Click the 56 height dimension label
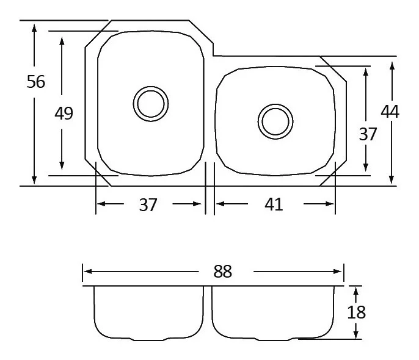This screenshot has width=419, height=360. [36, 82]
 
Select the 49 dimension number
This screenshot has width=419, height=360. [64, 113]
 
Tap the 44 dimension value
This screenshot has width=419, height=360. [390, 112]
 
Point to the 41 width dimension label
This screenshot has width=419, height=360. [274, 204]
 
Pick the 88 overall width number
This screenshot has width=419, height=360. [222, 272]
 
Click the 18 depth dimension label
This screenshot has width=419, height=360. [356, 312]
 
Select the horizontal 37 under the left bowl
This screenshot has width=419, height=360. [148, 204]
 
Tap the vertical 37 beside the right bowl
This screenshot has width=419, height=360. [368, 134]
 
